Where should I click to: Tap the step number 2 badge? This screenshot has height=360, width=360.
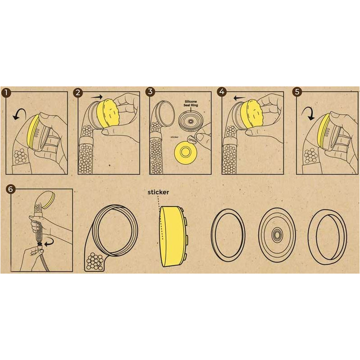pyautogui.click(x=78, y=92)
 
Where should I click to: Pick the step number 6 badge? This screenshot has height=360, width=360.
pyautogui.click(x=10, y=189)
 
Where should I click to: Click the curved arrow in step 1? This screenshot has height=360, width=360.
pyautogui.click(x=19, y=114)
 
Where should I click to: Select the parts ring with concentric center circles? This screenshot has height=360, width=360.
pyautogui.click(x=277, y=234)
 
